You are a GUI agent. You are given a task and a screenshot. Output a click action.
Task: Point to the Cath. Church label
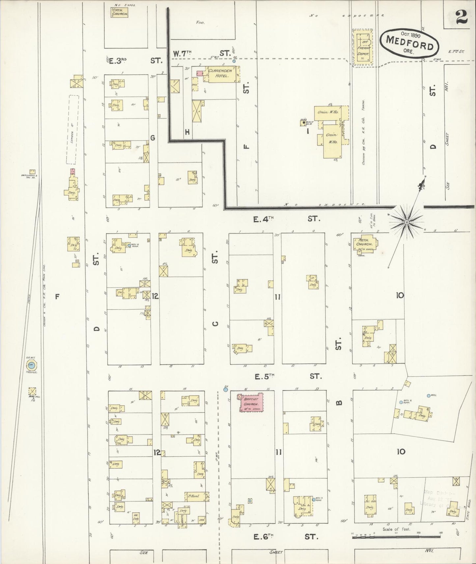tap(119, 12)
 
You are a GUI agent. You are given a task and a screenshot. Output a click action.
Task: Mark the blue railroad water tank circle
tap(32, 365)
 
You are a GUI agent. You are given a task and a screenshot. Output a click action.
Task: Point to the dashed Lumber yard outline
tap(72, 129)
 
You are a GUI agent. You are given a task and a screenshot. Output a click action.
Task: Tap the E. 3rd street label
tap(135, 61)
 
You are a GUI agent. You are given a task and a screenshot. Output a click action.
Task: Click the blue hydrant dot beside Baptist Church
tap(226, 390)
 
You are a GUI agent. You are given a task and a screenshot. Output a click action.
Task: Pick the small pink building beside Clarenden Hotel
tap(200, 73)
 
